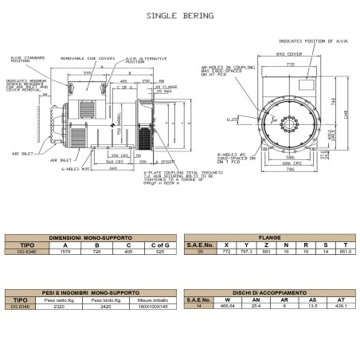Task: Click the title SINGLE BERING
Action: pos(179,15)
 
